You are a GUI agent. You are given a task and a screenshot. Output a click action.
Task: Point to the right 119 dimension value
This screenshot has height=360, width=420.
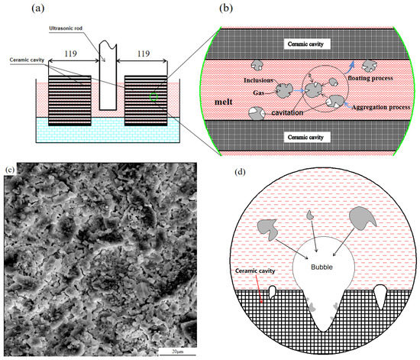(x=143, y=54)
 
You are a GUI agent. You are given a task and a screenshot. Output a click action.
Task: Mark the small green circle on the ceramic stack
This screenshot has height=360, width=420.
(x=154, y=96)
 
